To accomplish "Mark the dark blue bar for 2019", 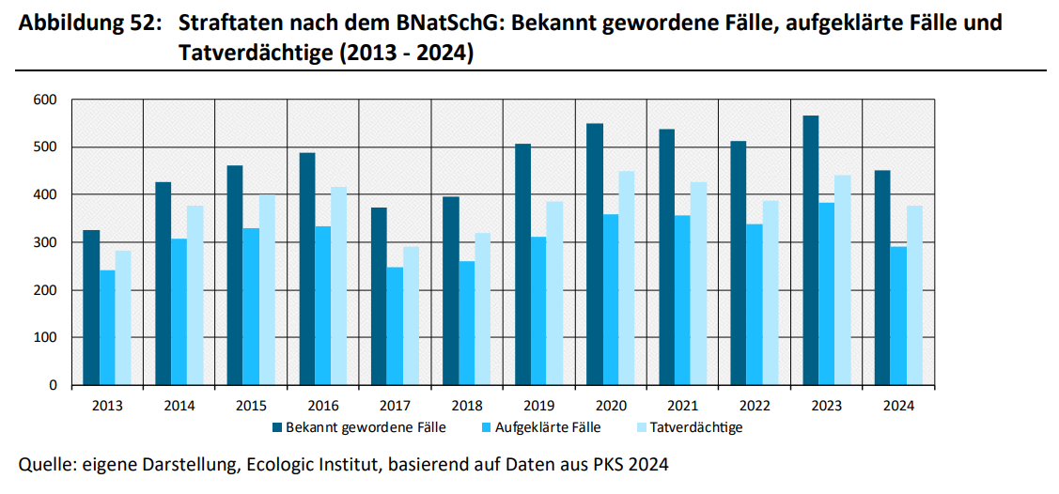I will point(522,264).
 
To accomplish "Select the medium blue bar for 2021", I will point(682,300).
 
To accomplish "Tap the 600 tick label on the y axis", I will point(45,100).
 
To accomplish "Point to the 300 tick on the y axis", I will point(45,242).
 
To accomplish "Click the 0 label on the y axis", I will point(54,385).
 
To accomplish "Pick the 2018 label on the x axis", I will point(466,406).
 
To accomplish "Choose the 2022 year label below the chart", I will point(755,406).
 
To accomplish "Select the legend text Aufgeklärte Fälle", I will point(546,427).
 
